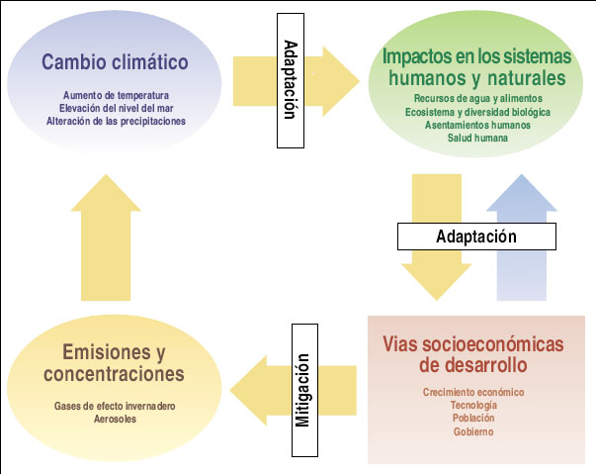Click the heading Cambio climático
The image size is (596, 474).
tap(115, 62)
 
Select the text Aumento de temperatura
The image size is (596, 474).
tap(116, 95)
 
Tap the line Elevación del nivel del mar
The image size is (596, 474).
tap(116, 108)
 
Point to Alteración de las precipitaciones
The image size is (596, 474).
tap(116, 121)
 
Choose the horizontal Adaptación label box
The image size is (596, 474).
tap(476, 237)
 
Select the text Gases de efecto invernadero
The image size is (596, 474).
tap(117, 406)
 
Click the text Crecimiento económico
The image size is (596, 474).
tap(474, 393)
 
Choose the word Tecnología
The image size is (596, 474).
tap(474, 406)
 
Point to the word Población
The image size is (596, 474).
tap(474, 419)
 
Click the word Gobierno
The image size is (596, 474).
tap(474, 431)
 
